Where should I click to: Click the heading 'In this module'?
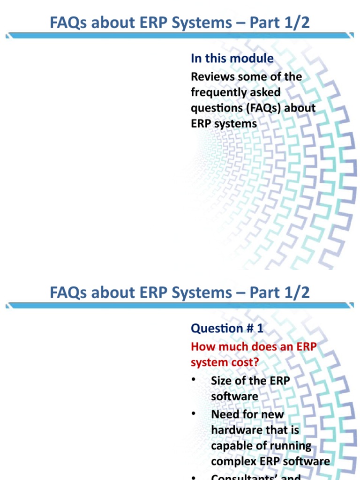point(232,59)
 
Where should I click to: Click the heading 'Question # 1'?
point(227,329)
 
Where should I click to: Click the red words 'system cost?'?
point(225,363)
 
